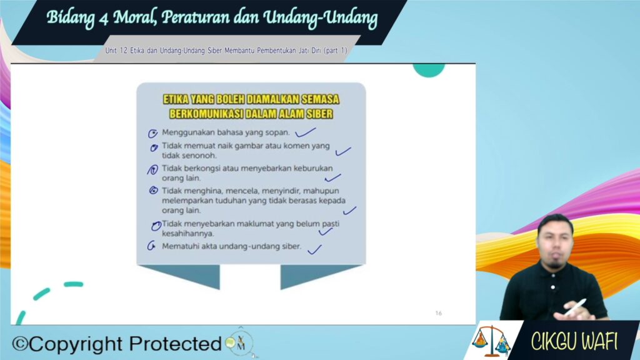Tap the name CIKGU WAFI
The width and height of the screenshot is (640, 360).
pos(574,341)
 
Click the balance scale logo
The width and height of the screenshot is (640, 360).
pos(491,341)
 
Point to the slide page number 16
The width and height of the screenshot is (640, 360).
pos(438,313)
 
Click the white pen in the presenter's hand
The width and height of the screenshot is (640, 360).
pos(575,307)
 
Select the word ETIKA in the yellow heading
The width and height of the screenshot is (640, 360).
pos(176,99)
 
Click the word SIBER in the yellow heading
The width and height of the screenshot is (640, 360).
pos(320,114)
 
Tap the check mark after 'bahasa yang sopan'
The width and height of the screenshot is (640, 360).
pos(305,132)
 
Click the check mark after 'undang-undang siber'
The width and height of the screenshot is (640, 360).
pos(314,249)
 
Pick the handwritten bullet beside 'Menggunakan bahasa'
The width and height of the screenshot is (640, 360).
pos(152,134)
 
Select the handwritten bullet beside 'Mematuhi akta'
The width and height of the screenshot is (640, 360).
pos(151,245)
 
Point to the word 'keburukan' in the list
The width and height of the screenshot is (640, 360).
pos(313,168)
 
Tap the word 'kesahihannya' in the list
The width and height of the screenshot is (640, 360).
pos(187,234)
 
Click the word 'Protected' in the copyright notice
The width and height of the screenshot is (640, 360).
pos(176,344)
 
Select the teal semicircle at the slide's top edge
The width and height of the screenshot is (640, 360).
pos(429,70)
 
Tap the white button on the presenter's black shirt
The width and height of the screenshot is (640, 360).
pos(552,287)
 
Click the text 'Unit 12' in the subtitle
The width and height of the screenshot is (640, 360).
pos(116,51)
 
